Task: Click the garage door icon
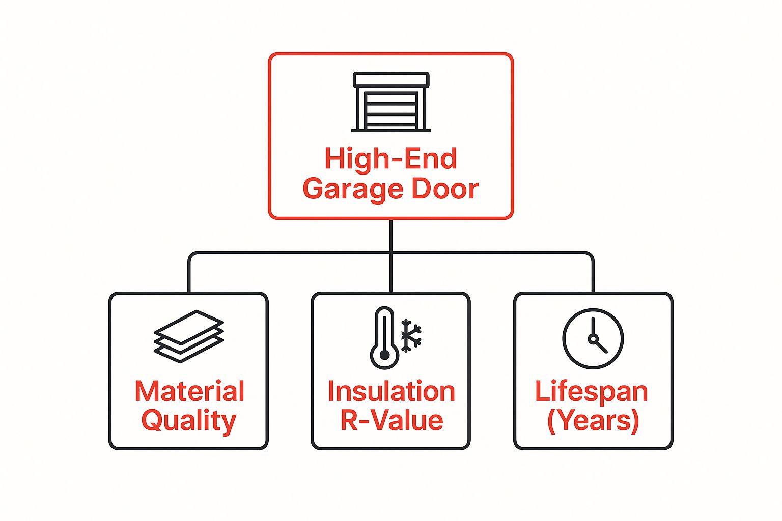point(391,102)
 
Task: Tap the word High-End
point(391,159)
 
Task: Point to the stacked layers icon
point(188,336)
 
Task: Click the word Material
point(189,391)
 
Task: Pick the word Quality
point(188,421)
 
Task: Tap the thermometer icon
point(384,338)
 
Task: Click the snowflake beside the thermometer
point(411,336)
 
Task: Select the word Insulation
point(391,391)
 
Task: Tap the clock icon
point(593,338)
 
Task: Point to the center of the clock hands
point(593,338)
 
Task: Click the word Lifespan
point(592,391)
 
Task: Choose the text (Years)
point(593,421)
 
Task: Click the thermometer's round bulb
point(384,355)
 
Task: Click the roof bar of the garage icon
point(391,80)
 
